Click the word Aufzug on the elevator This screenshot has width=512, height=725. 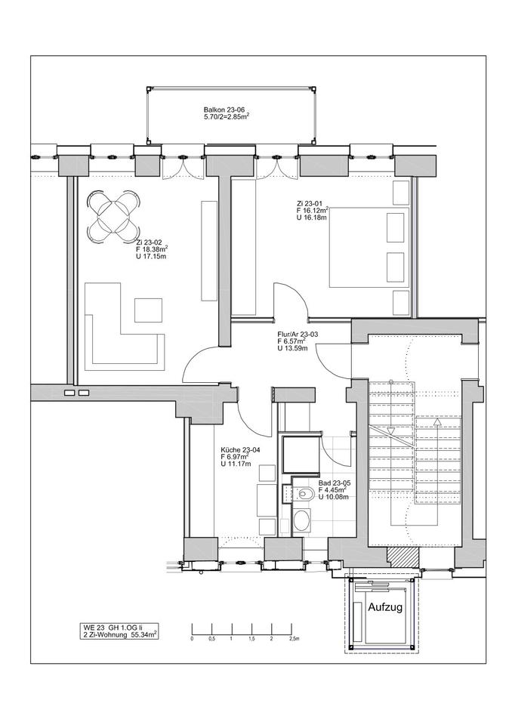pos(385,607)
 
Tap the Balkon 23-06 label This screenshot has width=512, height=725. pos(224,110)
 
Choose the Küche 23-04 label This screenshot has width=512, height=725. pos(236,449)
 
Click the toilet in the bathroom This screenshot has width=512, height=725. pos(303,495)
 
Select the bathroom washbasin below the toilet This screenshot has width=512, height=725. pos(303,520)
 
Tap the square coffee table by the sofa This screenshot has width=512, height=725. pos(149,310)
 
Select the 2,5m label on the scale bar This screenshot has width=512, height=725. pos(295,639)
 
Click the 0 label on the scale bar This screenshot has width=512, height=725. pos(192,639)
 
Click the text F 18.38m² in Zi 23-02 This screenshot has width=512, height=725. pos(152,248)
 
